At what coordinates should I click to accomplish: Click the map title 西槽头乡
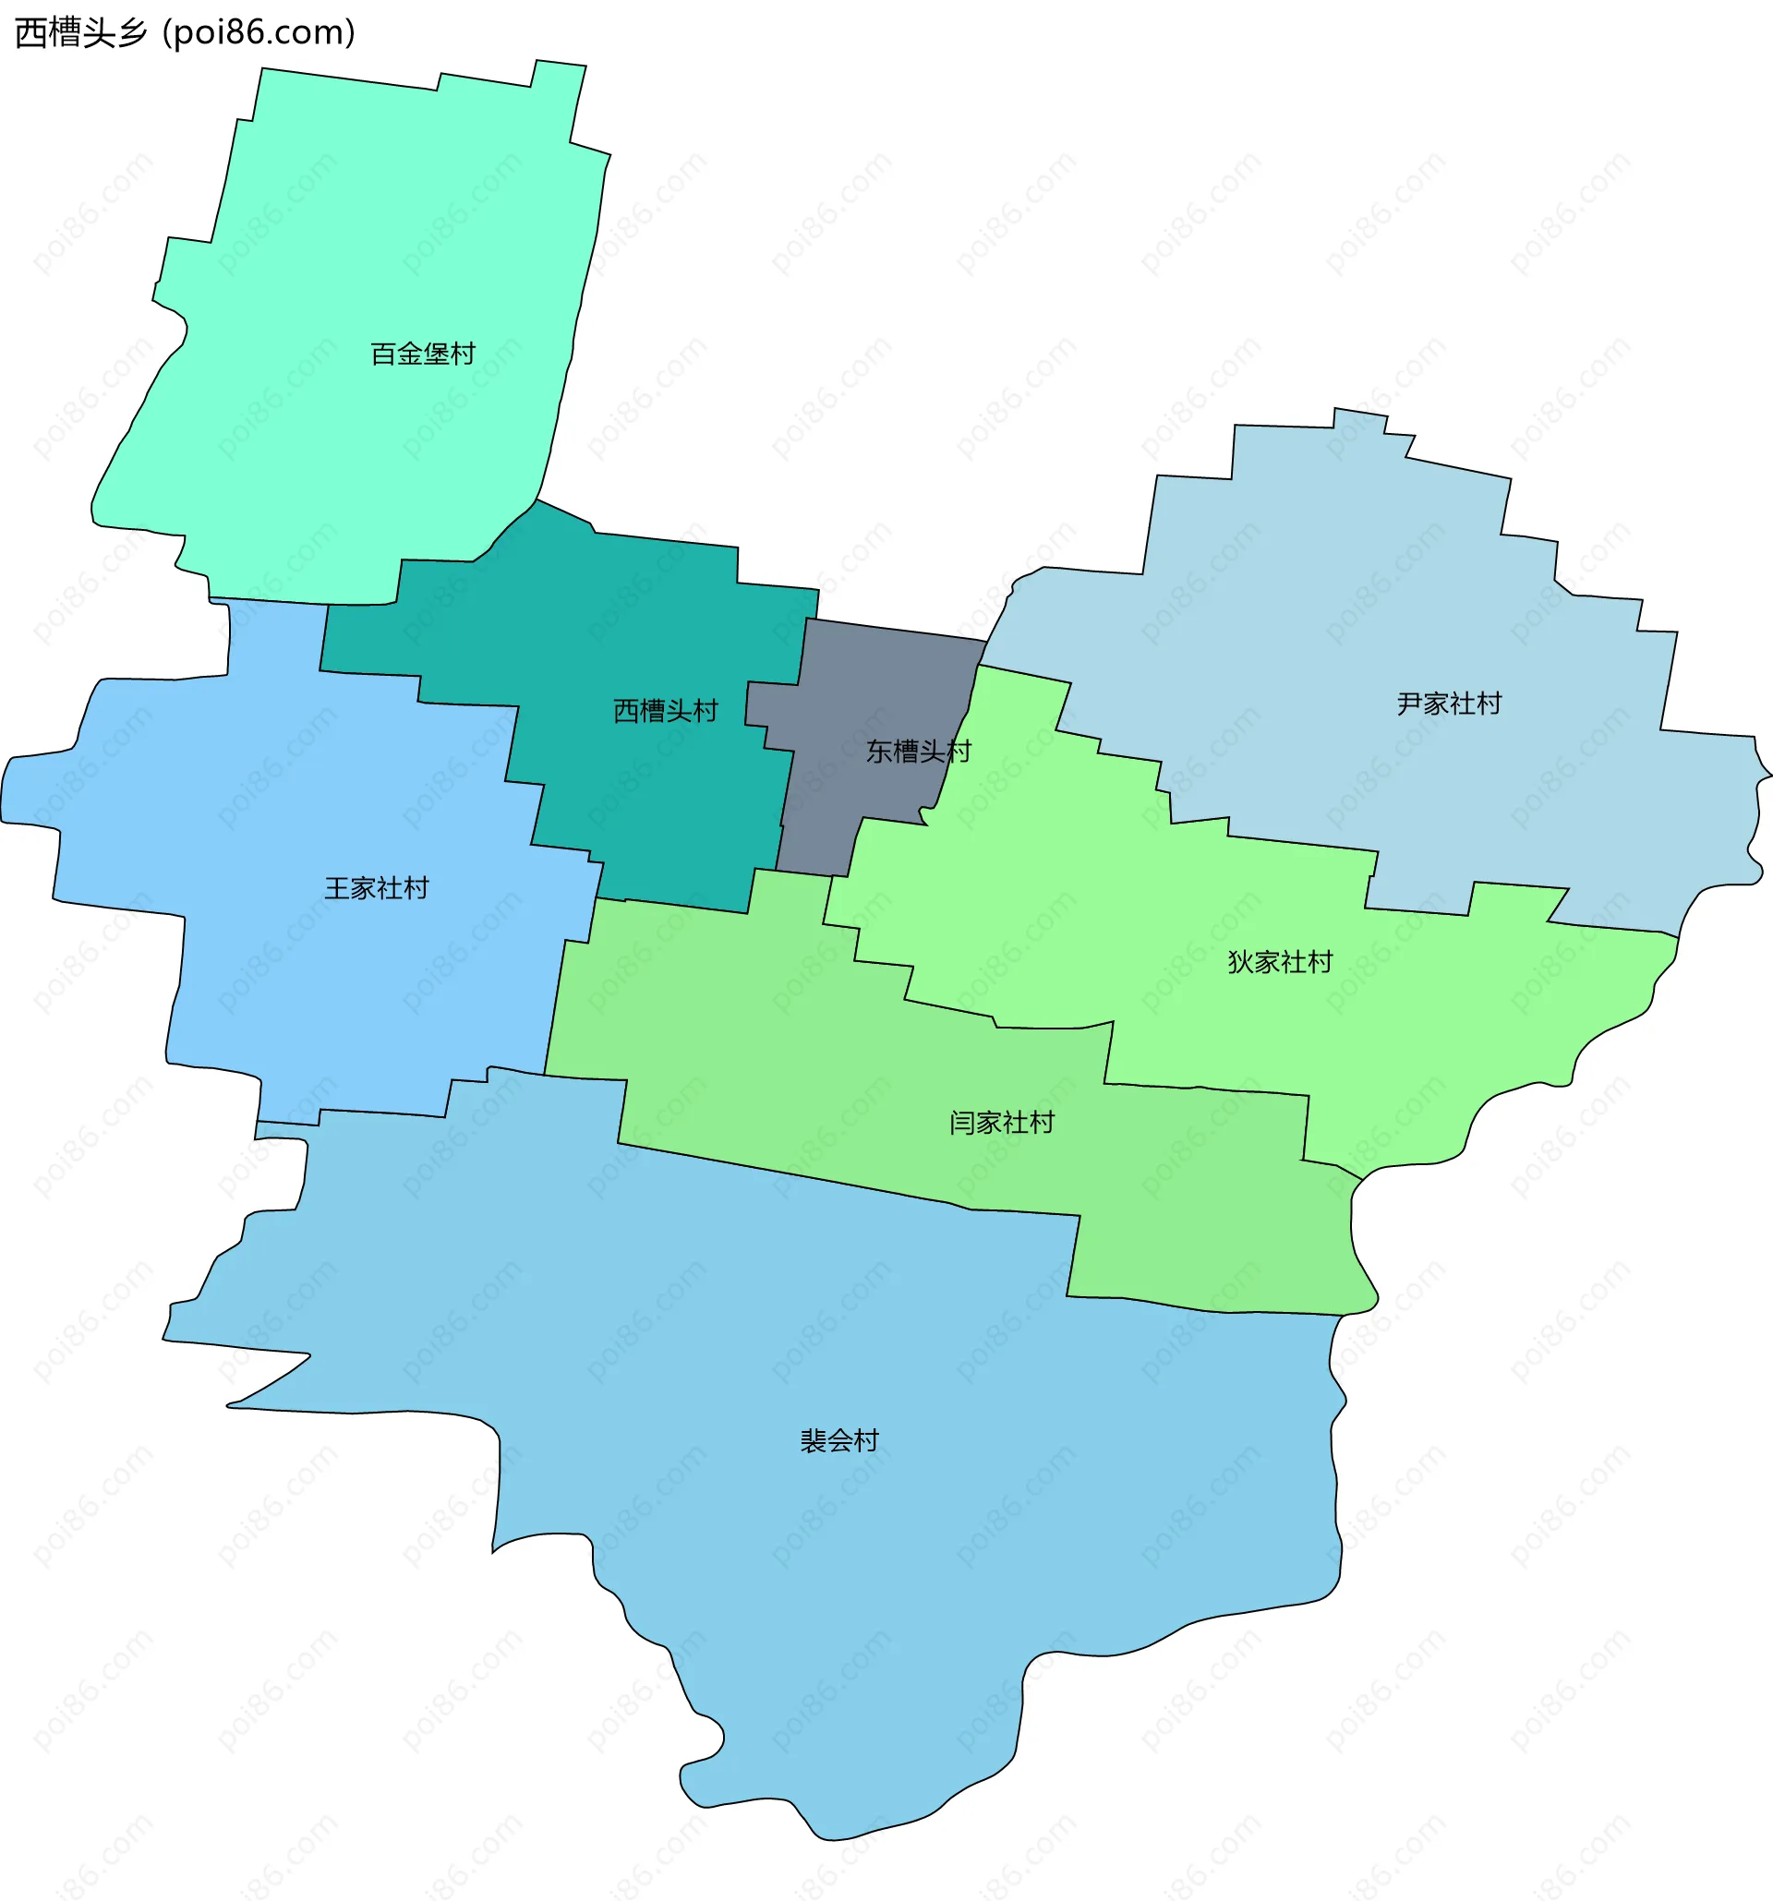pyautogui.click(x=81, y=33)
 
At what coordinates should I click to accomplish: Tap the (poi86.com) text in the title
pyautogui.click(x=259, y=33)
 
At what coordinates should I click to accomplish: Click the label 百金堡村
pyautogui.click(x=423, y=354)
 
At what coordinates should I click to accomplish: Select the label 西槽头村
pyautogui.click(x=665, y=711)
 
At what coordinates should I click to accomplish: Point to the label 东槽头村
pyautogui.click(x=918, y=751)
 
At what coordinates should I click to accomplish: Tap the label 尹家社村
pyautogui.click(x=1449, y=704)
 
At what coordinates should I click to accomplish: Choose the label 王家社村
pyautogui.click(x=377, y=888)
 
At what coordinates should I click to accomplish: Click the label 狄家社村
pyautogui.click(x=1280, y=962)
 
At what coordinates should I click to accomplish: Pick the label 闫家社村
pyautogui.click(x=1001, y=1123)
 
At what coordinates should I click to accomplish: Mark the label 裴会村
pyautogui.click(x=838, y=1440)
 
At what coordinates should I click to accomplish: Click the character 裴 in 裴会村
pyautogui.click(x=813, y=1440)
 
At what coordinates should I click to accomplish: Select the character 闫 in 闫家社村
pyautogui.click(x=962, y=1123)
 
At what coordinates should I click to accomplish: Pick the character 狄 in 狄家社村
pyautogui.click(x=1240, y=962)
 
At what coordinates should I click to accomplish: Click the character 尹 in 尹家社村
pyautogui.click(x=1409, y=704)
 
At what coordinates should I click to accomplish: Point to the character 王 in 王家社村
pyautogui.click(x=338, y=888)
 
